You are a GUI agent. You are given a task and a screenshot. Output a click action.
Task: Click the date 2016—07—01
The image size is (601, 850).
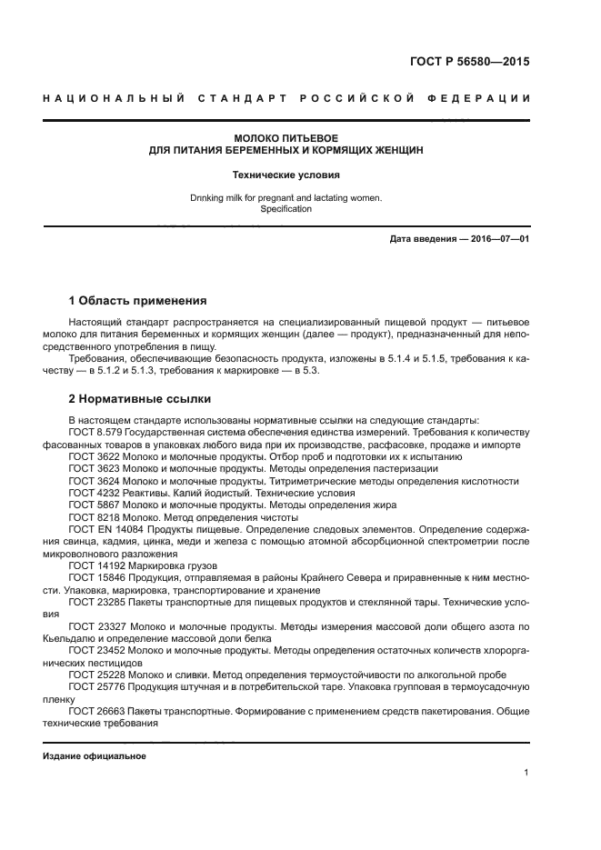pyautogui.click(x=498, y=238)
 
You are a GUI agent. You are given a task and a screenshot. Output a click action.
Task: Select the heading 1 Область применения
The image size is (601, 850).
pyautogui.click(x=137, y=300)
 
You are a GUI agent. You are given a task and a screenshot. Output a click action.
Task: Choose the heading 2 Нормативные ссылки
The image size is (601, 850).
pyautogui.click(x=139, y=399)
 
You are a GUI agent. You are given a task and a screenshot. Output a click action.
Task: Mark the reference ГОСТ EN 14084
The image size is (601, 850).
pyautogui.click(x=100, y=528)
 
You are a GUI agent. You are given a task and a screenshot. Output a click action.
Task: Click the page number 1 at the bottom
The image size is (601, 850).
pyautogui.click(x=526, y=773)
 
